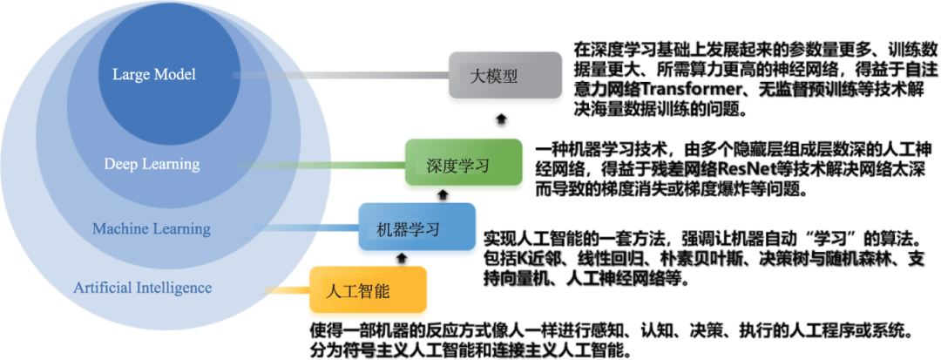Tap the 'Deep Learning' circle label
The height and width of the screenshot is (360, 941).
pos(152,164)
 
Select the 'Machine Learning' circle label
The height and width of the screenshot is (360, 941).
pos(152,228)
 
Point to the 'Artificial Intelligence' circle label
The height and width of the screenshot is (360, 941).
pos(143,287)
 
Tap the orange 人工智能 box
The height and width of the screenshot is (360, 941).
pos(369,289)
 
